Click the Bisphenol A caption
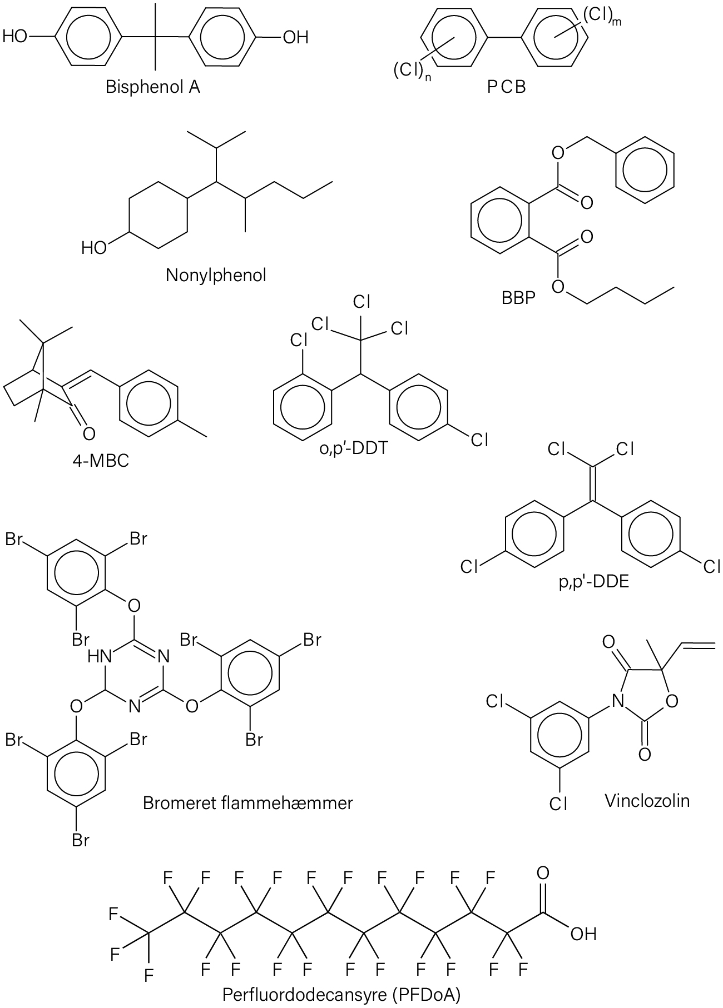[x=153, y=87]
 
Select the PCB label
[x=506, y=87]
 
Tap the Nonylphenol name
[x=216, y=276]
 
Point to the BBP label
[x=518, y=298]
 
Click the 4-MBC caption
[x=101, y=461]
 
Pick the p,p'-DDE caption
[x=594, y=583]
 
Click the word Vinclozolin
[x=647, y=801]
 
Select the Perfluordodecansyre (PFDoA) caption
[x=342, y=995]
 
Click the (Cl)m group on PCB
[x=601, y=17]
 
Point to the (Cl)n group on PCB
[x=412, y=72]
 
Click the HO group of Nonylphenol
[x=93, y=248]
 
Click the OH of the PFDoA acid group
[x=583, y=934]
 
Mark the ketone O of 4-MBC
[x=88, y=433]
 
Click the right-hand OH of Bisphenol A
[x=295, y=37]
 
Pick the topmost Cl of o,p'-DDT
[x=361, y=302]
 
